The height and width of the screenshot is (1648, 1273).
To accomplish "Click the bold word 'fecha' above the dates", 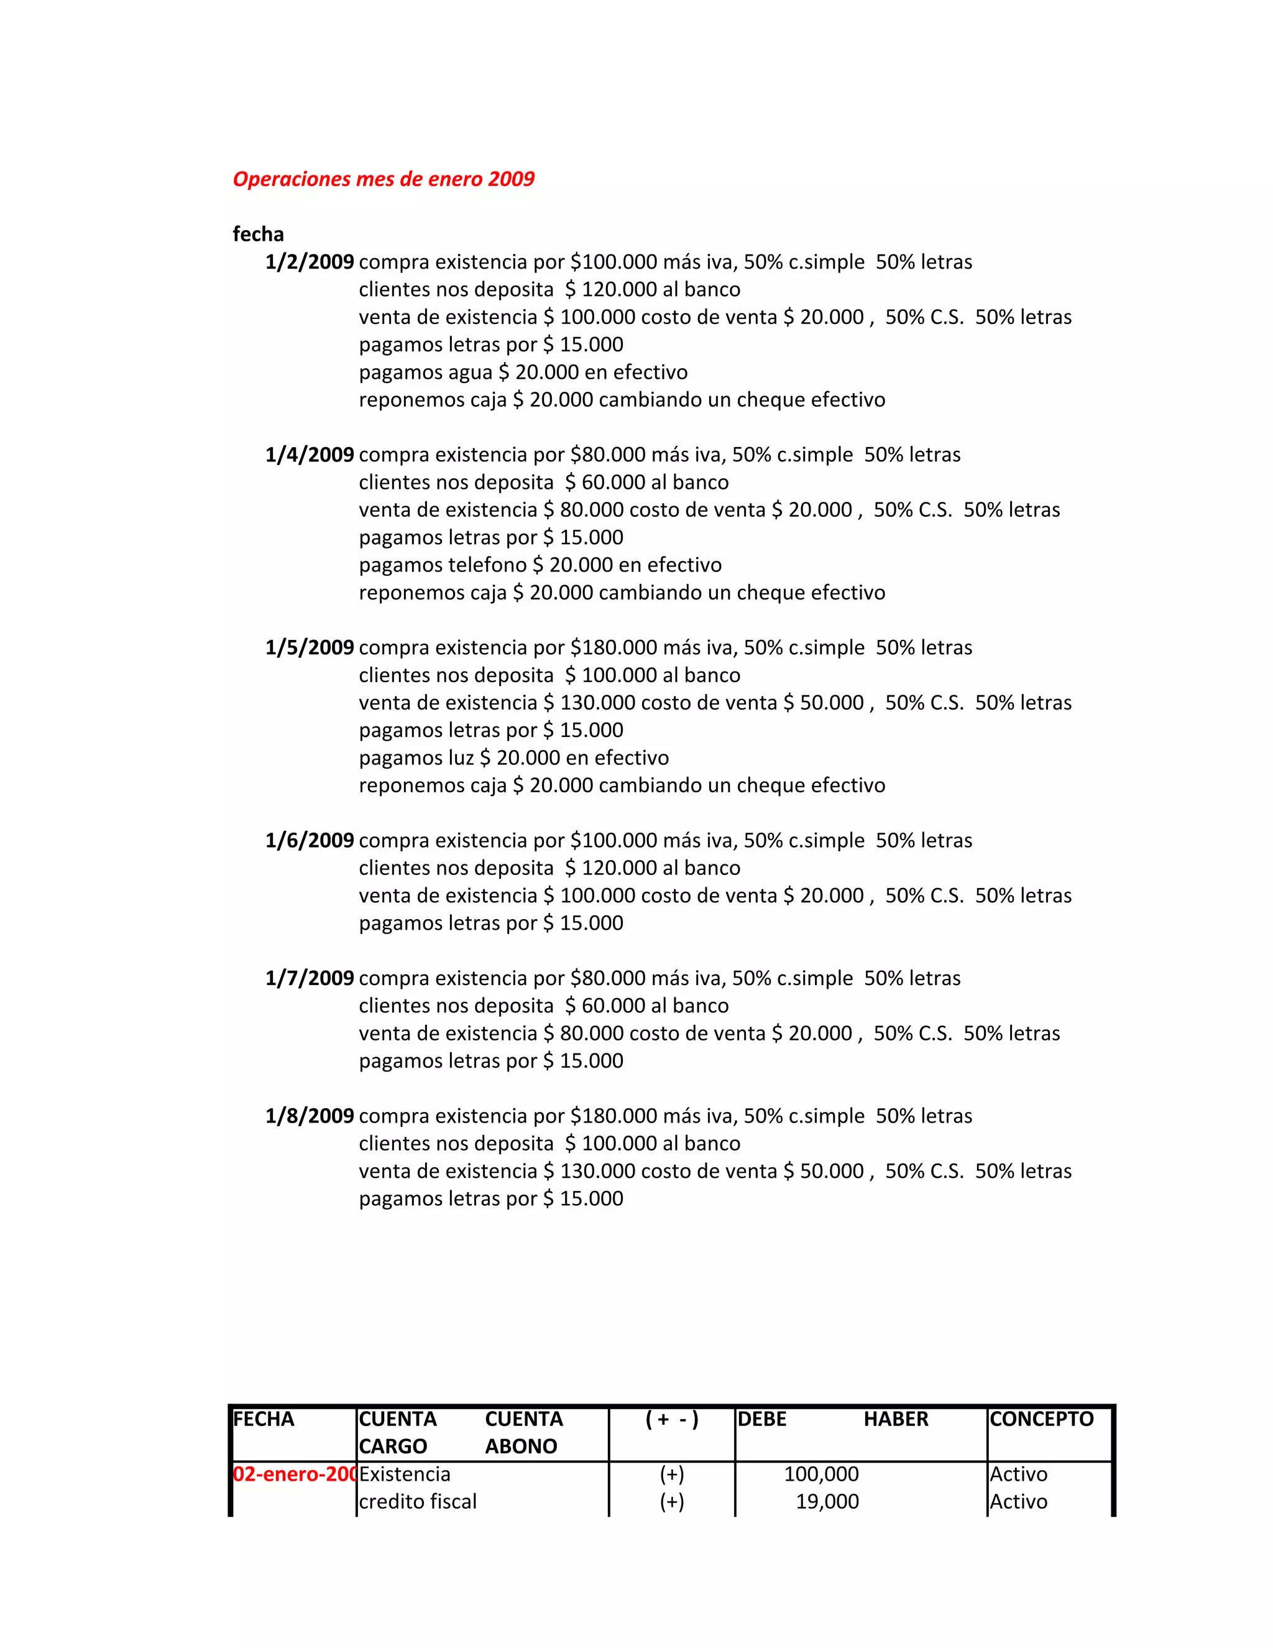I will [258, 234].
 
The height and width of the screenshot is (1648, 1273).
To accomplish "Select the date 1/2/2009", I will [309, 262].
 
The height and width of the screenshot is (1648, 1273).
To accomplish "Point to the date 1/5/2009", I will [309, 647].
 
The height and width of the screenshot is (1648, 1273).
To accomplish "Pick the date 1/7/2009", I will [309, 978].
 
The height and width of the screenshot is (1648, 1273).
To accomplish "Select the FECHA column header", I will [263, 1419].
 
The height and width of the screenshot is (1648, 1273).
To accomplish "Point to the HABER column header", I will [895, 1419].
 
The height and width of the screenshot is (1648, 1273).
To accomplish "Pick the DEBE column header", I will [761, 1419].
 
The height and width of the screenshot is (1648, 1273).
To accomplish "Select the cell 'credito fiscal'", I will [417, 1502].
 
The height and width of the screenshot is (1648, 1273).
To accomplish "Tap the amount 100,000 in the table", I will [820, 1474].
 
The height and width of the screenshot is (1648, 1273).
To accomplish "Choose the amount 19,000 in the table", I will [827, 1502].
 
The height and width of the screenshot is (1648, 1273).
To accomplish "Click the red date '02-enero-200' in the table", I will [294, 1474].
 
